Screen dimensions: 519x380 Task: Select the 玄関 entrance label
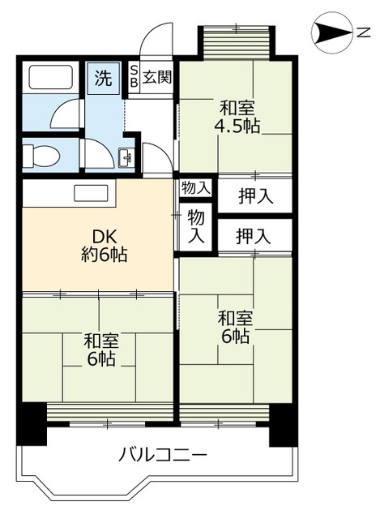[157, 78]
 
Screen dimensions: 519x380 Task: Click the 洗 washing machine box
[103, 79]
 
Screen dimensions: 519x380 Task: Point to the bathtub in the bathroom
[51, 78]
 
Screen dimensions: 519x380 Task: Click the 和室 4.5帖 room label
[236, 117]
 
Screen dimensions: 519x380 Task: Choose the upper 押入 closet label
[255, 195]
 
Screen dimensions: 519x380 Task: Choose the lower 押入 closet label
[254, 237]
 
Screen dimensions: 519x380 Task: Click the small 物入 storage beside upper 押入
[195, 188]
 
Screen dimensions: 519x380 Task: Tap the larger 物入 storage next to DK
[196, 225]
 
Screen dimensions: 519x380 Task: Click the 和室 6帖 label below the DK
[100, 350]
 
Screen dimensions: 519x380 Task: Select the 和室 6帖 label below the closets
[233, 326]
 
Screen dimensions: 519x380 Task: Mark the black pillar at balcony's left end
[32, 422]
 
